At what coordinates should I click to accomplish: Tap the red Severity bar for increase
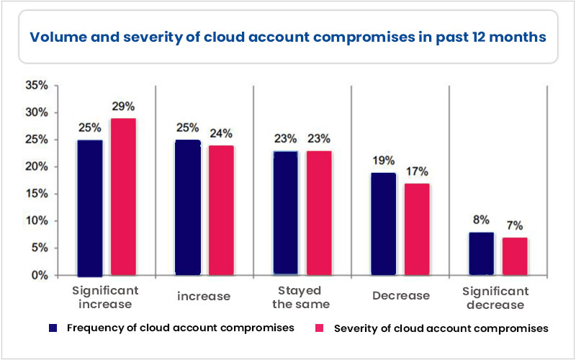pyautogui.click(x=221, y=210)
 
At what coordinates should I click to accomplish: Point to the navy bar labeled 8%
pyautogui.click(x=481, y=253)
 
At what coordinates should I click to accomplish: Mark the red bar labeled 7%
pyautogui.click(x=513, y=256)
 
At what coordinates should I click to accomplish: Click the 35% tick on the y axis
pyautogui.click(x=37, y=86)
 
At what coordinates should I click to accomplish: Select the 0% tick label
pyautogui.click(x=40, y=275)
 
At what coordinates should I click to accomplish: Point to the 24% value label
pyautogui.click(x=221, y=132)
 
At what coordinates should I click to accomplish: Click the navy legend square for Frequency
pyautogui.click(x=53, y=328)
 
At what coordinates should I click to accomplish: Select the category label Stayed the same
pyautogui.click(x=302, y=297)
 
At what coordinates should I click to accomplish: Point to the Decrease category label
pyautogui.click(x=401, y=295)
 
